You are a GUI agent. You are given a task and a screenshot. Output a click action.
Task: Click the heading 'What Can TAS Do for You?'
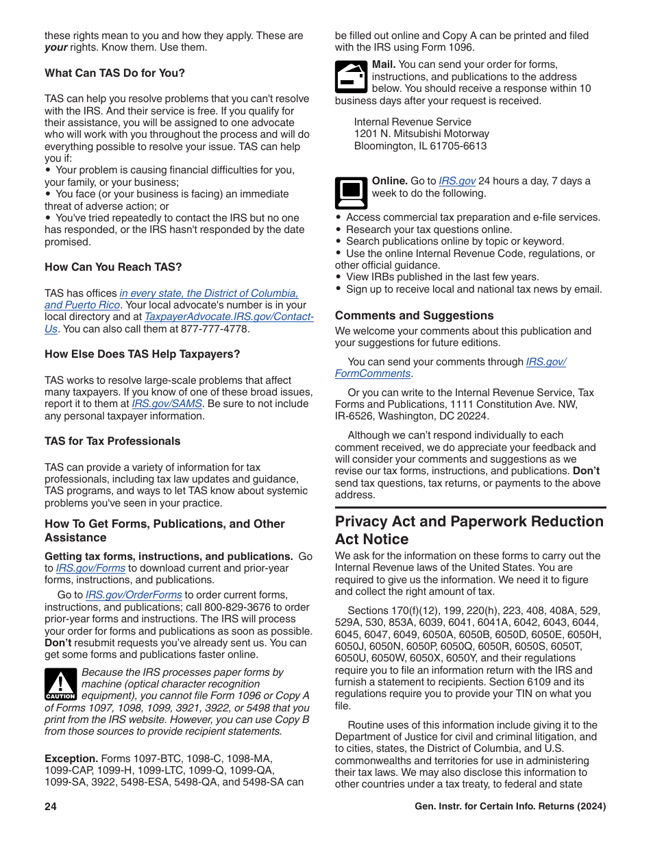[114, 73]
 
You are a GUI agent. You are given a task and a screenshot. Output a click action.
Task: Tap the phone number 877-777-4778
[214, 329]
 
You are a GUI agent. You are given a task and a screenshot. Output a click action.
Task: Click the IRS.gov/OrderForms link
[134, 596]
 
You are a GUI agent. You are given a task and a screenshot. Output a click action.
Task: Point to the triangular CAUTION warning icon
[60, 685]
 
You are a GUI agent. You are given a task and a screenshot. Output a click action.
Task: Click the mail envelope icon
[351, 77]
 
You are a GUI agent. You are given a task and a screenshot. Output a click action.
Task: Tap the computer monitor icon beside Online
[351, 193]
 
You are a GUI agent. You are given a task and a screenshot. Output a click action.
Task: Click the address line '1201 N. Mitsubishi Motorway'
[421, 134]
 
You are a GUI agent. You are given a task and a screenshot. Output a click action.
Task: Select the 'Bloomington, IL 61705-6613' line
[420, 146]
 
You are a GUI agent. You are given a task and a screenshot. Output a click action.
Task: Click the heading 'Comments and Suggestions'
[414, 316]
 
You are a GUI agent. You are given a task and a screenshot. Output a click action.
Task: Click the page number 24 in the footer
[51, 807]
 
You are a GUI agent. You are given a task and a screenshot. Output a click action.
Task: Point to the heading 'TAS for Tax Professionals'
[112, 441]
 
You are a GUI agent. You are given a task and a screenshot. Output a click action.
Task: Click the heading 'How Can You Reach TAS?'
[113, 267]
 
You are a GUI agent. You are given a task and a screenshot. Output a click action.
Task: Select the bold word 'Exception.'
[71, 759]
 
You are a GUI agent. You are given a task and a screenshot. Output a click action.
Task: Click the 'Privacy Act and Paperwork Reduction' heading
[469, 522]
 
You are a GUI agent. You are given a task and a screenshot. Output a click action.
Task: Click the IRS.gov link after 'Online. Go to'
[457, 182]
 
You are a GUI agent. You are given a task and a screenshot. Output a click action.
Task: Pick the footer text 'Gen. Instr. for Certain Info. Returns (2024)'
[510, 807]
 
